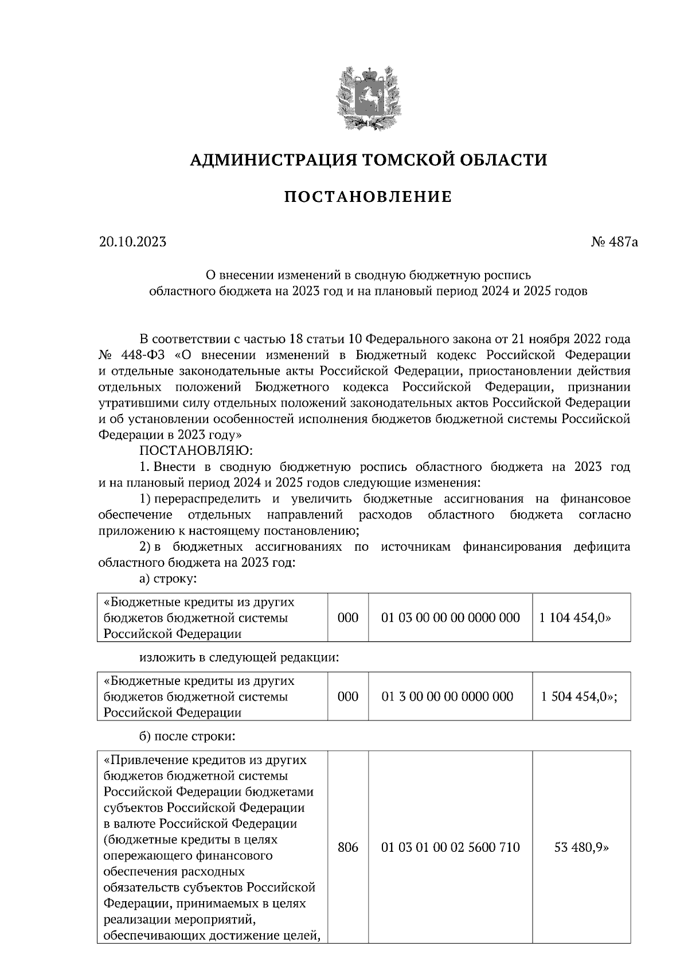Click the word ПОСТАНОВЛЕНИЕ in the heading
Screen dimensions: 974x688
pos(368,197)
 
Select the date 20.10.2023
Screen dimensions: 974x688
pos(132,242)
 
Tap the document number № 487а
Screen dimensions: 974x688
pos(614,242)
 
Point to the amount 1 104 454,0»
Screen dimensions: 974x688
pos(575,618)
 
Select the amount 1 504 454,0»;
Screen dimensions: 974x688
pos(578,696)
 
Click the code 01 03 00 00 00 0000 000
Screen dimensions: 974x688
pos(450,618)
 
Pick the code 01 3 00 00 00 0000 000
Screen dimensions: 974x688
pos(447,696)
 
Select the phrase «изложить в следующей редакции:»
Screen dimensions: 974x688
pos(240,657)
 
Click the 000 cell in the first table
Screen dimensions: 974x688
pos(347,618)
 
